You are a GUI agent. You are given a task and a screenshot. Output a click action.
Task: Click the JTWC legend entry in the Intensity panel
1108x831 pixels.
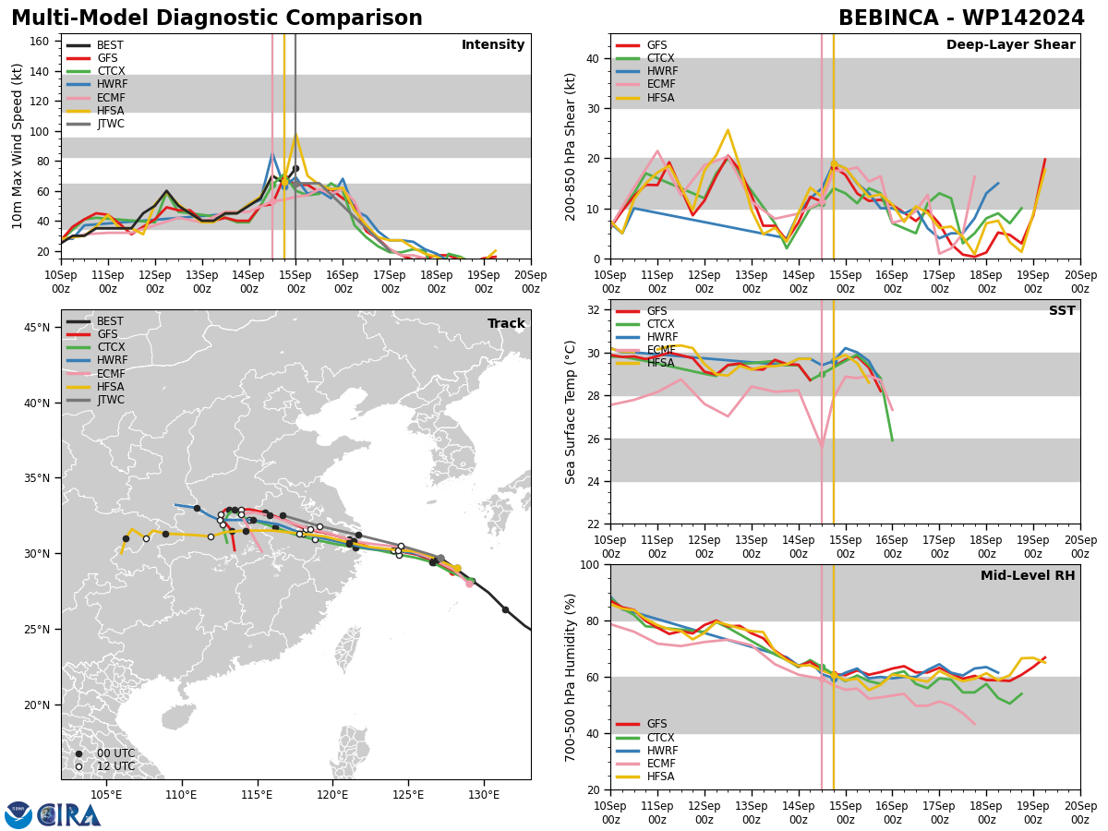pyautogui.click(x=95, y=124)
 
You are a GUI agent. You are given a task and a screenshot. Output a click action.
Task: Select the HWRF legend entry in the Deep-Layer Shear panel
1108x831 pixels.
pyautogui.click(x=646, y=71)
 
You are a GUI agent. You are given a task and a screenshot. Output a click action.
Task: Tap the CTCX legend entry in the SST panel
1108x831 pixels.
pyautogui.click(x=645, y=324)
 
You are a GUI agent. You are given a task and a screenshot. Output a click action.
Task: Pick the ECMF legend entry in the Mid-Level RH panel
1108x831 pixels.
pyautogui.click(x=645, y=764)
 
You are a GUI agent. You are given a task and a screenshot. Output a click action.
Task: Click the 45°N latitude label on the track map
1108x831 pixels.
pyautogui.click(x=37, y=328)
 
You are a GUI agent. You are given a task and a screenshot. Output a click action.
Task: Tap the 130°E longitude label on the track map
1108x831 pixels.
pyautogui.click(x=484, y=796)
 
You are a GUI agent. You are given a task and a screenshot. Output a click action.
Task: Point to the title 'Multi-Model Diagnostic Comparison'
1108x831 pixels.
pyautogui.click(x=217, y=18)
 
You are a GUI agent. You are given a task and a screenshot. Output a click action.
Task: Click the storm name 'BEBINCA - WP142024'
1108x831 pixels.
pyautogui.click(x=961, y=18)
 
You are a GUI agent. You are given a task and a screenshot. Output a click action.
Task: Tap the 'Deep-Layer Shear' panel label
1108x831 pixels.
pyautogui.click(x=1010, y=44)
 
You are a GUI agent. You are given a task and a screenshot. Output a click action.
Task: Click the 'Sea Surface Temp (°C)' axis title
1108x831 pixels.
pyautogui.click(x=570, y=412)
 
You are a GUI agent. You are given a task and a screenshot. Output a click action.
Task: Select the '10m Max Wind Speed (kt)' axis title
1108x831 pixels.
pyautogui.click(x=18, y=146)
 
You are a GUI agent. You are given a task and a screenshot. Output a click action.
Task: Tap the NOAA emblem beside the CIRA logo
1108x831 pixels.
pyautogui.click(x=18, y=814)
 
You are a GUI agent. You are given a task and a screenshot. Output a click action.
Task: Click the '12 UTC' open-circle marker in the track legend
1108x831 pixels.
pyautogui.click(x=78, y=766)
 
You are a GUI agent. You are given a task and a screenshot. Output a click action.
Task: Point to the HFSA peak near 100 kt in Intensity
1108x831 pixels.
pyautogui.click(x=295, y=133)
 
